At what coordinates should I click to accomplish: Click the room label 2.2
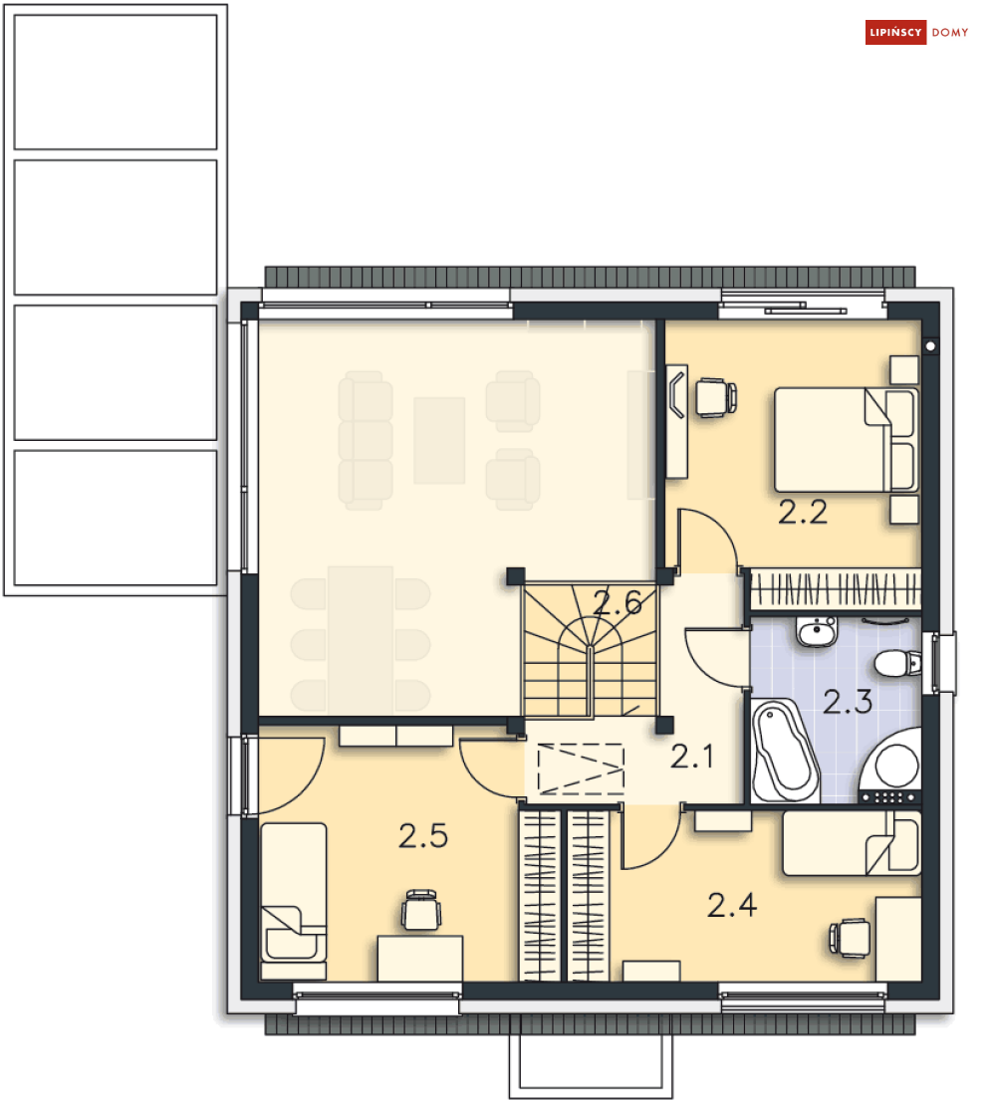(x=802, y=513)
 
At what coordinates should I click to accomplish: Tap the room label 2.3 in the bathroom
(x=848, y=702)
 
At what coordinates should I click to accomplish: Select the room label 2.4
(x=732, y=905)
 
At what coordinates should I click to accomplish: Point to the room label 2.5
(x=423, y=835)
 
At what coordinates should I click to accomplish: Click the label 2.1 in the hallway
(x=692, y=757)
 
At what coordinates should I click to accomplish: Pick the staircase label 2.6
(x=618, y=602)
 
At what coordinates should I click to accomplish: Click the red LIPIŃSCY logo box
(x=895, y=32)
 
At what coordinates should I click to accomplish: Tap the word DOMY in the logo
(x=949, y=32)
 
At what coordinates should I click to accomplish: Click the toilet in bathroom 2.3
(x=897, y=663)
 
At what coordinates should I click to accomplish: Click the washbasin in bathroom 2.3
(x=817, y=631)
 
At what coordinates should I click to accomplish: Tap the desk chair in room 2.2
(x=716, y=398)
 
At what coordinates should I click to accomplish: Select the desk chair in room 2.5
(x=421, y=910)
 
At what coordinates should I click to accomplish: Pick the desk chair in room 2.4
(x=850, y=938)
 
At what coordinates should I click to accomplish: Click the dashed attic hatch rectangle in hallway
(x=581, y=769)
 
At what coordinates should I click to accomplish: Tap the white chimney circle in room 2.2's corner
(x=930, y=345)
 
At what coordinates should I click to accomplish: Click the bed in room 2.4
(x=852, y=843)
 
